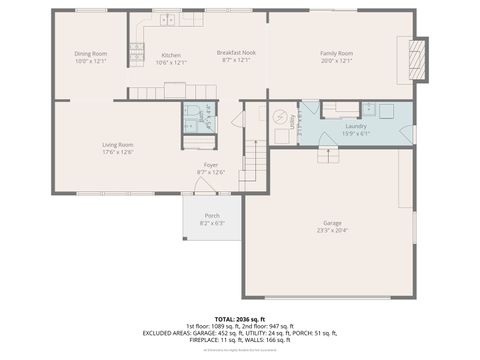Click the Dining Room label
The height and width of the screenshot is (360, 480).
pos(90,54)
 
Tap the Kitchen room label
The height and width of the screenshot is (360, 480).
pos(171,54)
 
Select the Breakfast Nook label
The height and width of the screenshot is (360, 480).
pos(236,52)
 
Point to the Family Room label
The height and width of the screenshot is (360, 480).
pos(336,53)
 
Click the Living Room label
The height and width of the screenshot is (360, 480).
pos(118,145)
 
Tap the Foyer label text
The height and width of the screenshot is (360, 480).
pos(211,165)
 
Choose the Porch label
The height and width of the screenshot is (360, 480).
pos(212,215)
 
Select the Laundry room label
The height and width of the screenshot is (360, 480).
pos(356,126)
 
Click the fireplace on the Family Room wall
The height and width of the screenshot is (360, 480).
pos(420,58)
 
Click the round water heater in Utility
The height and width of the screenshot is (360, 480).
pos(280,115)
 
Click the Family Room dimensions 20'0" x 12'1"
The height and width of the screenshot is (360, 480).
pos(336,61)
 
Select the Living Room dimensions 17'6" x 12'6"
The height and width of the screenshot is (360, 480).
pos(118,153)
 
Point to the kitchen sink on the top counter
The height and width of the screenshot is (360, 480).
pos(164,19)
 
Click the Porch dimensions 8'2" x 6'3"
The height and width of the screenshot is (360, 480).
pos(212,223)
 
